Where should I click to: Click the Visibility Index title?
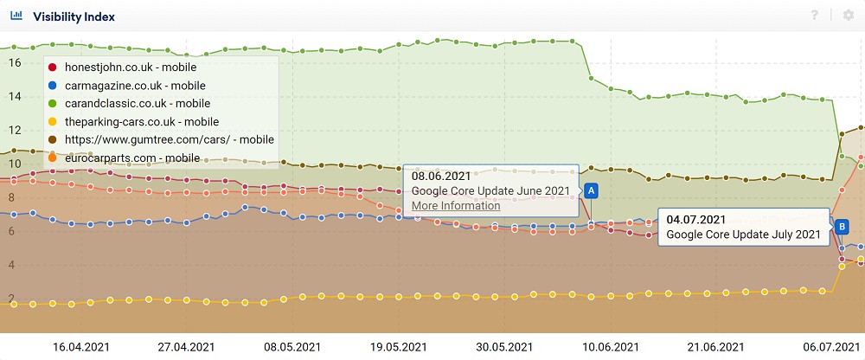[74, 16]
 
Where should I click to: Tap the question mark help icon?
[814, 16]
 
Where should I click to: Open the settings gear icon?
[848, 16]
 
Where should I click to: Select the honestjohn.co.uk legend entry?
[130, 67]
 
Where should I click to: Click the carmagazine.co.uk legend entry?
[135, 85]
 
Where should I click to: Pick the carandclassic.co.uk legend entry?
[137, 103]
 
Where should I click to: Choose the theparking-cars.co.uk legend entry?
[141, 121]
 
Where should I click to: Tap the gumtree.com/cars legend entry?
[169, 139]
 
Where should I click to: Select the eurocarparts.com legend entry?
[131, 157]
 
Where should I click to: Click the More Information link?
[456, 205]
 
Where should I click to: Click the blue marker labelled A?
[592, 190]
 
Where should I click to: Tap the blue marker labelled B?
[842, 226]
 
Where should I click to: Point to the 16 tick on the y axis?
[13, 62]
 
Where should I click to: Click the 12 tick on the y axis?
[13, 130]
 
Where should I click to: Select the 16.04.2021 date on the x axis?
[79, 346]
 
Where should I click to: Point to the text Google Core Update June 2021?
[490, 190]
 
